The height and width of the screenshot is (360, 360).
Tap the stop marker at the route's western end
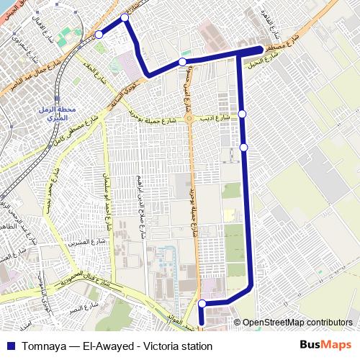(99, 34)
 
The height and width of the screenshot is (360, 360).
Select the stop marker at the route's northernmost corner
(125, 17)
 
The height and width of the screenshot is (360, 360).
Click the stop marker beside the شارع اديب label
(243, 114)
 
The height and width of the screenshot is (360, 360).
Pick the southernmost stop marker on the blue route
(202, 303)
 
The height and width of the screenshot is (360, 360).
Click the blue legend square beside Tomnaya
(9, 346)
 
